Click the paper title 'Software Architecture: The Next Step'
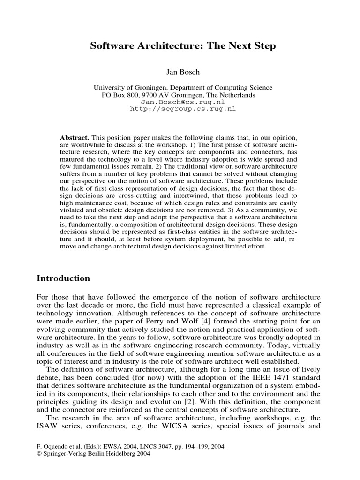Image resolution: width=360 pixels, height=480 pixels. tap(183, 46)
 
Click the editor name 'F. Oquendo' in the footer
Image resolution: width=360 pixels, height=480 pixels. tap(51, 447)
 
